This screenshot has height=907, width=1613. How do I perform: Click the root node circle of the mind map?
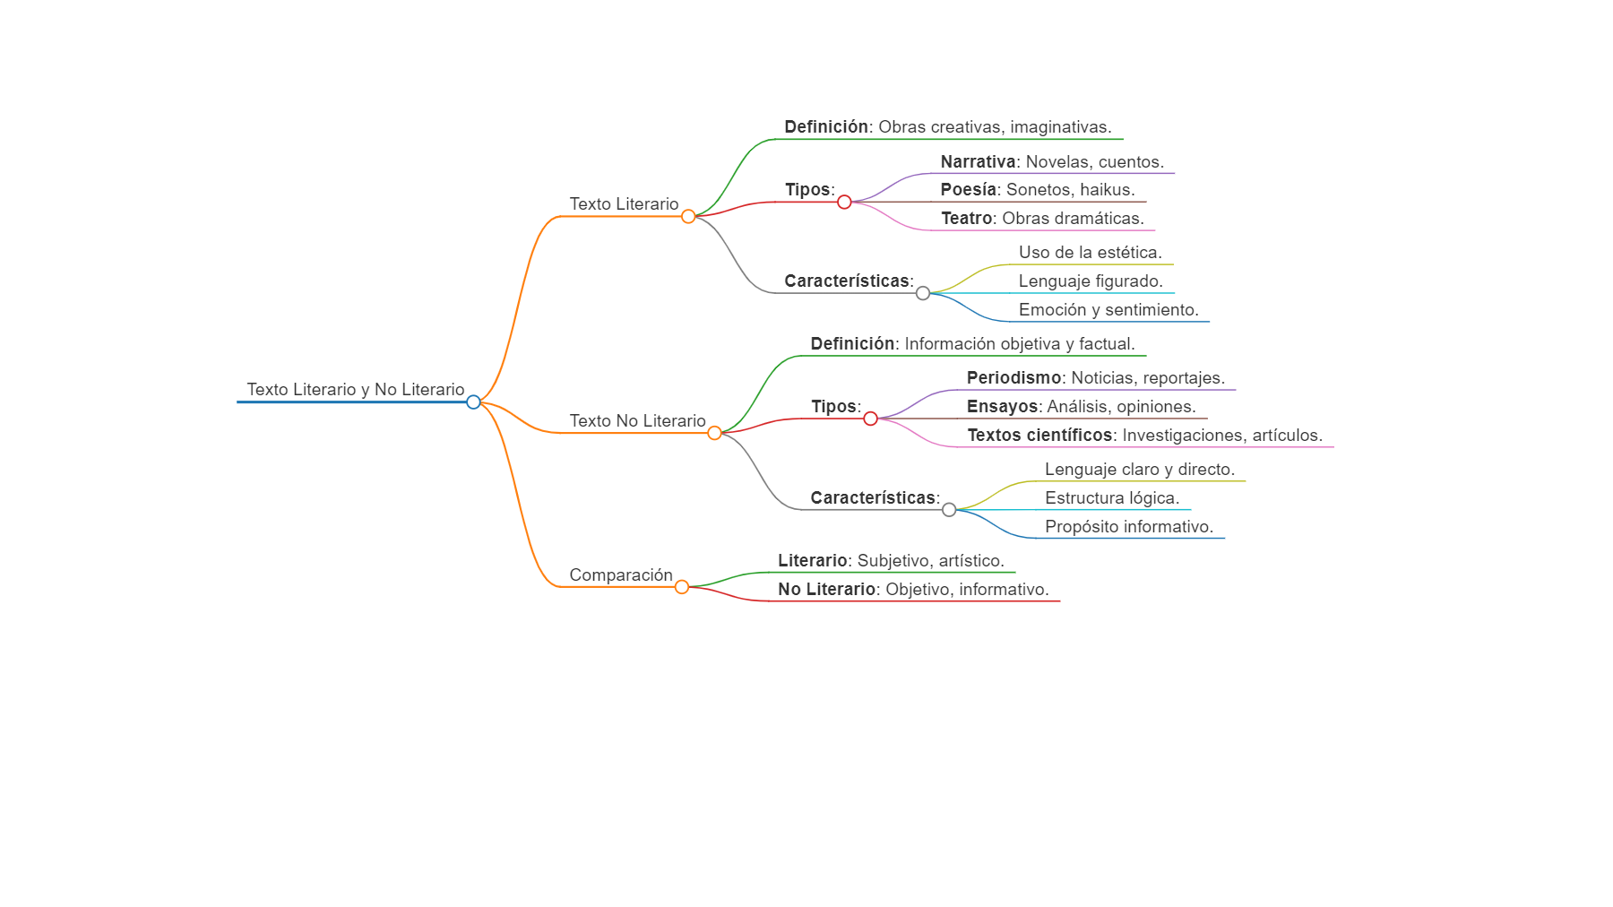click(473, 402)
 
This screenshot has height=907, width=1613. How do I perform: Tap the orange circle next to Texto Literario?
click(688, 216)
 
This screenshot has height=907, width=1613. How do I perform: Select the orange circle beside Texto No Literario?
click(714, 433)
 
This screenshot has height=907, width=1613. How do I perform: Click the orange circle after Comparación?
click(682, 587)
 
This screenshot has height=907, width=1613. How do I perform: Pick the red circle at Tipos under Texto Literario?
click(844, 202)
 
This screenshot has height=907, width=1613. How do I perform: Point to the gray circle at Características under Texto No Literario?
click(949, 510)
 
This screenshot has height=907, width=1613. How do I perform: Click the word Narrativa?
click(978, 162)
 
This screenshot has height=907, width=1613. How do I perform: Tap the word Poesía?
click(968, 190)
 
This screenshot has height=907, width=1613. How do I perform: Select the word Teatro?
click(966, 219)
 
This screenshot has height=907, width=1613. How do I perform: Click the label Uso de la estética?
click(1090, 253)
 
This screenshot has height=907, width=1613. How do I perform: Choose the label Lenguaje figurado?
click(1091, 281)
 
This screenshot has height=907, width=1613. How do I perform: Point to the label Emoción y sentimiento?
click(1108, 310)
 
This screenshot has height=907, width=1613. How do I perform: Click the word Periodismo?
click(1014, 378)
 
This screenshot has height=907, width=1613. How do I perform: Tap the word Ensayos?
click(1002, 407)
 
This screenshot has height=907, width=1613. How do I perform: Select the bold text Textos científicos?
click(1039, 436)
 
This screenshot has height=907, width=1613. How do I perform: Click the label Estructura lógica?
click(1112, 498)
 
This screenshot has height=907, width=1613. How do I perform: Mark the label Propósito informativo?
click(1129, 527)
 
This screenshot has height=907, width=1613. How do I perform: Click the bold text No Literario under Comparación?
click(826, 590)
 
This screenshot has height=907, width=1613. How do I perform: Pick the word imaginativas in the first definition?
click(1060, 127)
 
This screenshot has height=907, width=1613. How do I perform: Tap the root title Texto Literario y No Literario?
click(356, 390)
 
